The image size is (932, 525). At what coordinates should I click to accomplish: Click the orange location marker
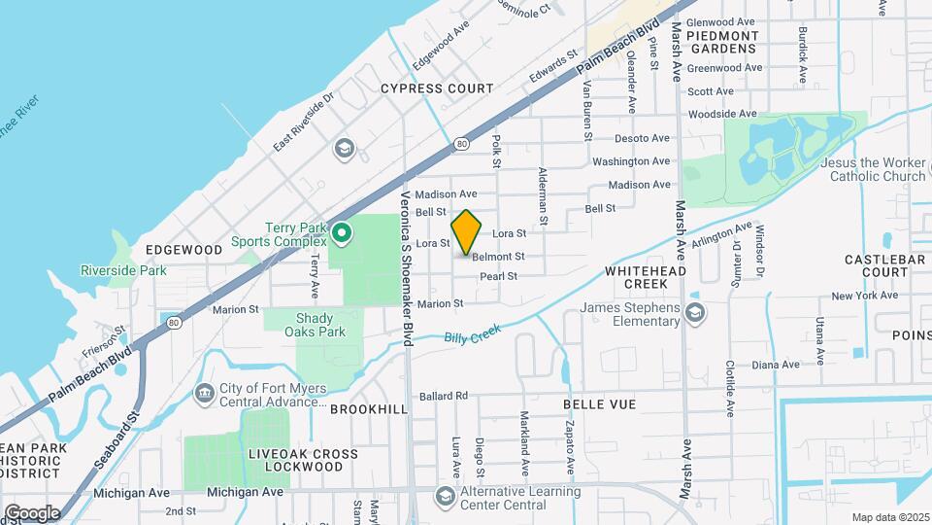point(467,232)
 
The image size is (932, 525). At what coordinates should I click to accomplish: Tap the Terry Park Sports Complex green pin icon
point(342,234)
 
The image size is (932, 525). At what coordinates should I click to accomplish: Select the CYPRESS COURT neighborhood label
point(437,87)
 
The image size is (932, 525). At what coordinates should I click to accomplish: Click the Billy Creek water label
point(472,333)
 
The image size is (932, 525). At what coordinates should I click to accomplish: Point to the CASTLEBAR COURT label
point(876,265)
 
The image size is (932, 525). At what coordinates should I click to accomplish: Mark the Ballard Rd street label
point(444,396)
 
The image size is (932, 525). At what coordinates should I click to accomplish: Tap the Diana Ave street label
point(774,365)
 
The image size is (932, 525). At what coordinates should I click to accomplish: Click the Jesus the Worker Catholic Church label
point(873,169)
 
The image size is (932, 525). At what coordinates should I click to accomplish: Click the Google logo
point(32,512)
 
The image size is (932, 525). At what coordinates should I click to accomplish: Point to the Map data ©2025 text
point(891,517)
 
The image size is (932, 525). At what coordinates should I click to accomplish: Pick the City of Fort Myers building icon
point(204,393)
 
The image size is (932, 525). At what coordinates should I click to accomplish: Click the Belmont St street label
point(498,257)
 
